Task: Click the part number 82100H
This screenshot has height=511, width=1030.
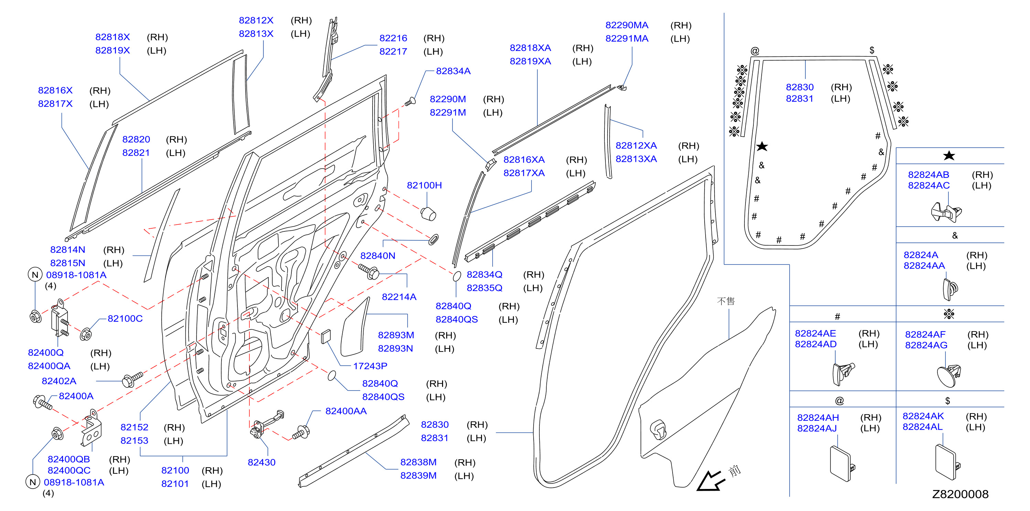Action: [x=424, y=185]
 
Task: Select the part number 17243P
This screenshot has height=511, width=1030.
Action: [x=370, y=366]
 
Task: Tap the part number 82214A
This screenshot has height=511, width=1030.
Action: [x=399, y=296]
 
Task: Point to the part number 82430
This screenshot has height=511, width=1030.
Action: [x=261, y=462]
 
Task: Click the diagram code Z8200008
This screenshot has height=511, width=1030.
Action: [x=960, y=494]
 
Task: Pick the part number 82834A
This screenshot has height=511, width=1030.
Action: [x=453, y=71]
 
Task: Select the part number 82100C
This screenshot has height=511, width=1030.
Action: [x=125, y=319]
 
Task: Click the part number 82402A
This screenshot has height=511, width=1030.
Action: [x=59, y=381]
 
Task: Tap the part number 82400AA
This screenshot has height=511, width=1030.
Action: [x=346, y=411]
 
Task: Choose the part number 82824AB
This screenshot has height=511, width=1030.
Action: [x=929, y=175]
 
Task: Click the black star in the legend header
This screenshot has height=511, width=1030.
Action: [x=949, y=156]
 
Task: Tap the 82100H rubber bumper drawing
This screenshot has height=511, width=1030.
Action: [x=428, y=213]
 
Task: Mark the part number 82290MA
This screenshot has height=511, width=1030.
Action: [x=626, y=25]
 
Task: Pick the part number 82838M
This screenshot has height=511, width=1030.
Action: [x=418, y=462]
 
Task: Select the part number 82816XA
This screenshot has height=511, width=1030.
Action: [x=524, y=160]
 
